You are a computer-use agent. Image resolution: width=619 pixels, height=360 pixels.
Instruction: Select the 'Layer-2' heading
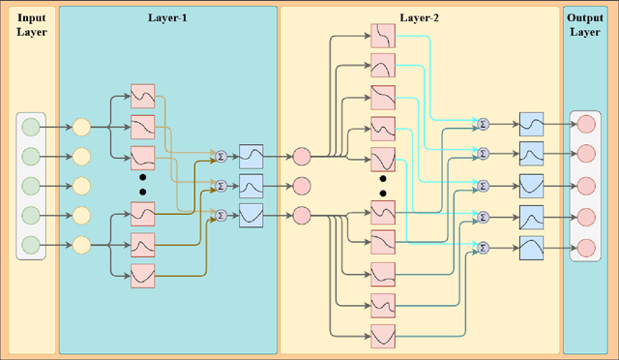click(x=420, y=17)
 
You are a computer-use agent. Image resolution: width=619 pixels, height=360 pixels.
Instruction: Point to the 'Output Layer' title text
click(x=587, y=25)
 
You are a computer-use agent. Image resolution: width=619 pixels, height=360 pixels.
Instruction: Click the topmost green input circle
click(x=30, y=126)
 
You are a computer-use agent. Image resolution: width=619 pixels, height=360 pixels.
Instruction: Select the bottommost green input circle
click(x=30, y=244)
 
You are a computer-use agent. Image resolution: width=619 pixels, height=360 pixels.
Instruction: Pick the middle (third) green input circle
click(x=30, y=185)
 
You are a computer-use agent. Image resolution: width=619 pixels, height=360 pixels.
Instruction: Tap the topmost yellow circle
click(x=81, y=126)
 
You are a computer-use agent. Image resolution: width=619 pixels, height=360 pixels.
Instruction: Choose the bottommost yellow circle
click(x=81, y=244)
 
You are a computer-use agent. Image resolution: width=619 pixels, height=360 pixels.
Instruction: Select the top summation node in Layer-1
click(x=220, y=155)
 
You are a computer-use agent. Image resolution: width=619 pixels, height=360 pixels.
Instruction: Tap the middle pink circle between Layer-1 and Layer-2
click(x=301, y=185)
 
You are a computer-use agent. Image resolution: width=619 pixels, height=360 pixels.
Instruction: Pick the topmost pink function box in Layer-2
click(x=383, y=38)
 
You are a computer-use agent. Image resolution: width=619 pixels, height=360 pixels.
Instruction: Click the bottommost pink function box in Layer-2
click(x=383, y=336)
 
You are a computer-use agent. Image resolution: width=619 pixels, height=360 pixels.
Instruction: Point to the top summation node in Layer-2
click(x=483, y=124)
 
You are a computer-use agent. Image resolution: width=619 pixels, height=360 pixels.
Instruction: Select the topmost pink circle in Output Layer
click(x=586, y=124)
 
